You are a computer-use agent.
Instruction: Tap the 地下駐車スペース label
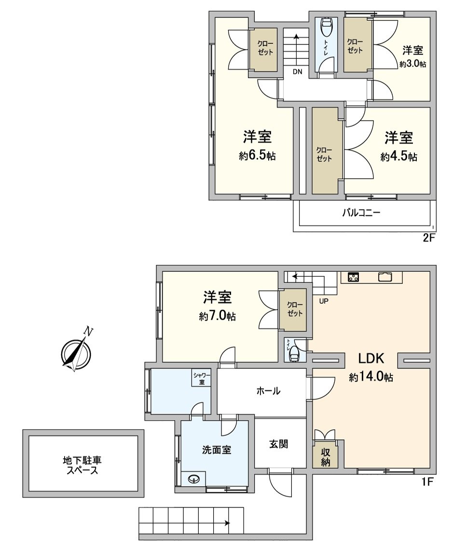click(x=82, y=465)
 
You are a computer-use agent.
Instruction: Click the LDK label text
click(x=370, y=358)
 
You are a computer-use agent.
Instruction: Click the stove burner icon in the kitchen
click(x=353, y=277)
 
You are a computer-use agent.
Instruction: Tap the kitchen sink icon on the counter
click(x=386, y=277)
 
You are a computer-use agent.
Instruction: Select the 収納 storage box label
click(x=326, y=456)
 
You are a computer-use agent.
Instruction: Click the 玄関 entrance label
click(x=279, y=444)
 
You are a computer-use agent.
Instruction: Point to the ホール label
click(x=268, y=391)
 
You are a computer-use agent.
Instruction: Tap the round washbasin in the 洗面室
click(x=194, y=479)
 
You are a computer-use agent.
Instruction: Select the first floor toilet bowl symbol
click(x=294, y=354)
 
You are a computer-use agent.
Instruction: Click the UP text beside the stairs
click(x=324, y=301)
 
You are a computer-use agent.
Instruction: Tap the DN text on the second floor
click(x=297, y=72)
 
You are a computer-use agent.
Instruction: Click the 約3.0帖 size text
click(x=412, y=64)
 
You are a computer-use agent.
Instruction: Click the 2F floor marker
click(x=429, y=238)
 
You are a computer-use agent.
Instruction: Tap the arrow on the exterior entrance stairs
click(x=227, y=522)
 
